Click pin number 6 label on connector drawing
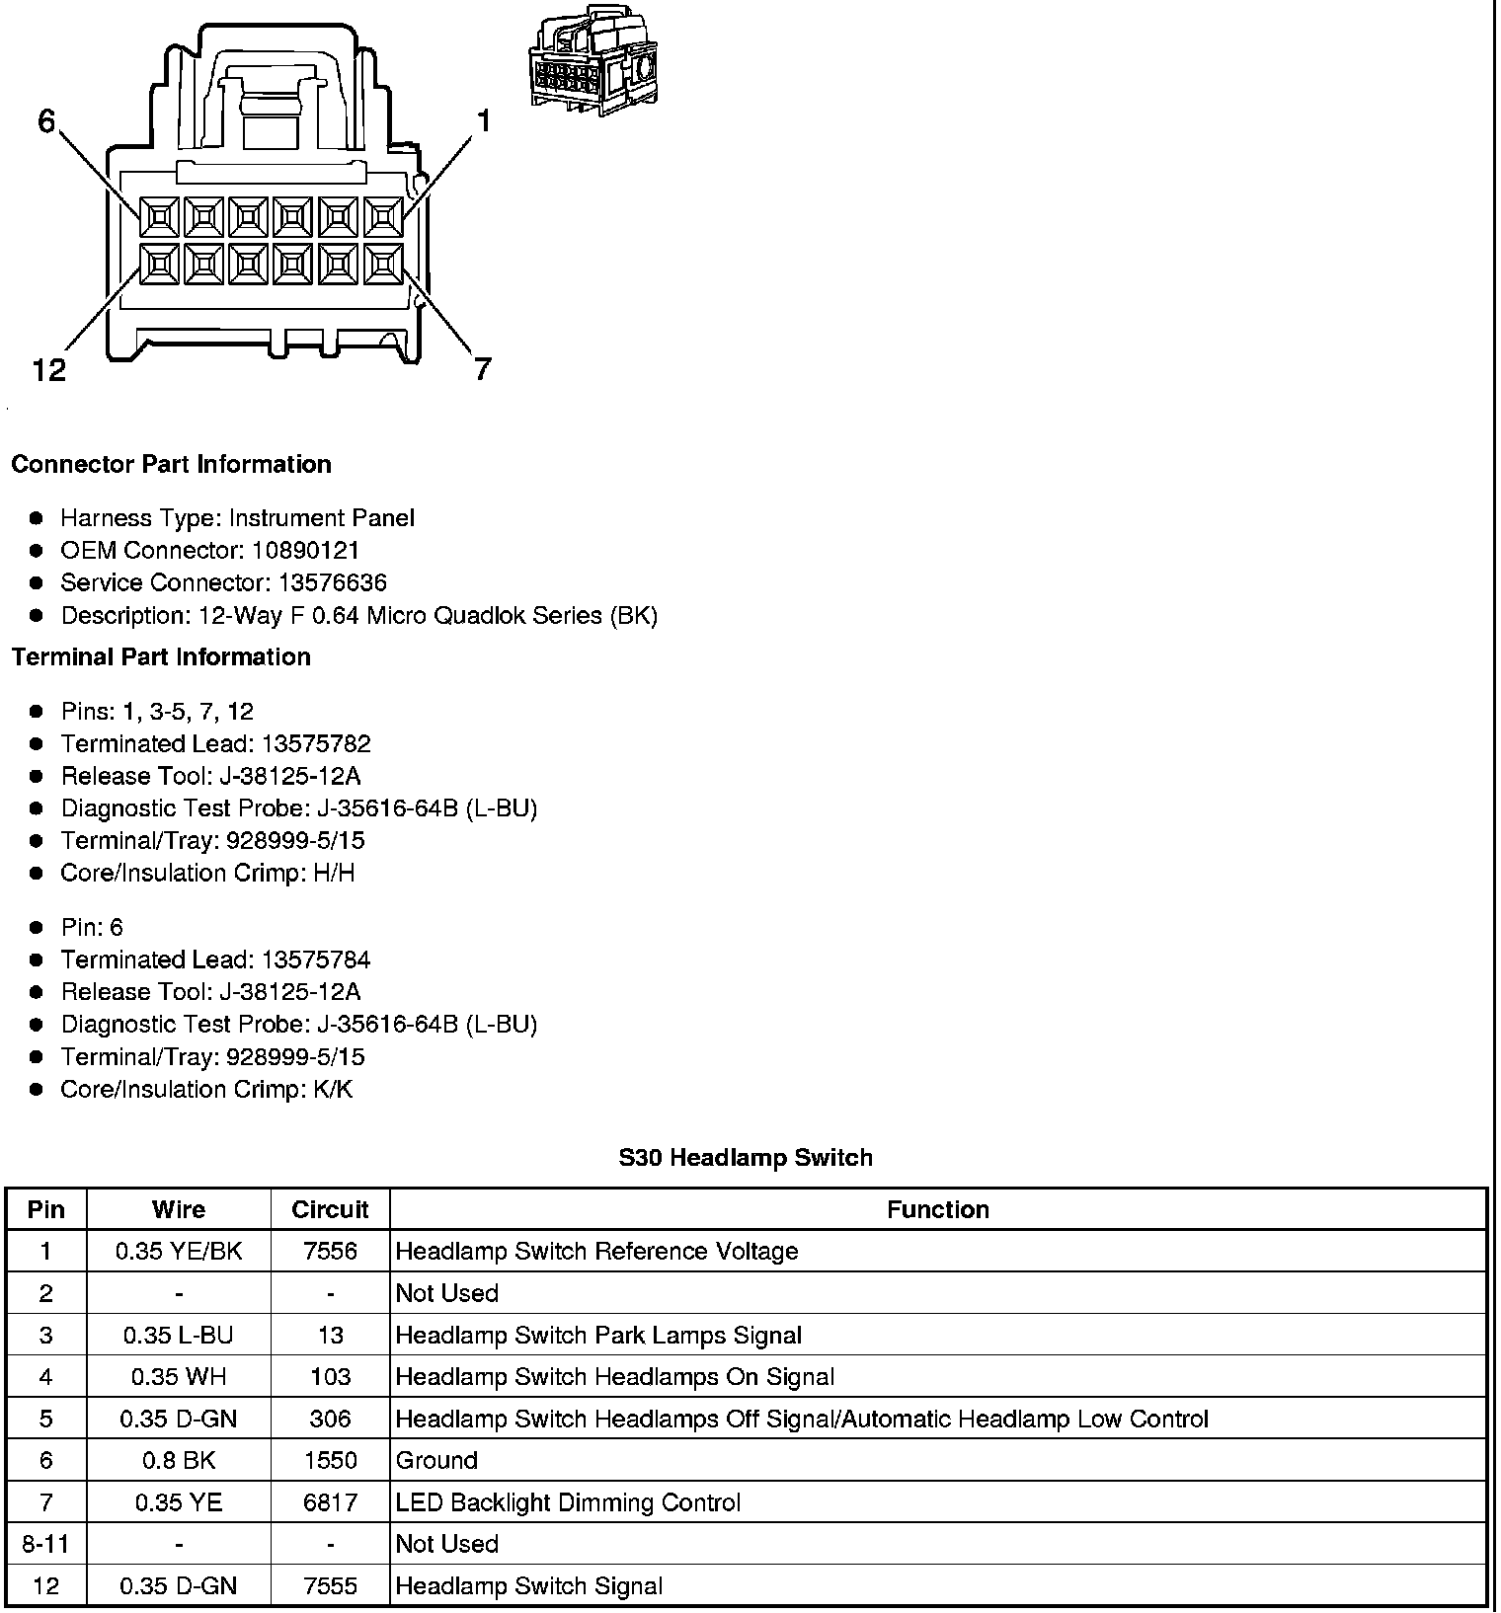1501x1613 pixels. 46,121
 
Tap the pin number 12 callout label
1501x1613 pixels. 48,370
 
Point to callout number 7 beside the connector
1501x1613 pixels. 482,370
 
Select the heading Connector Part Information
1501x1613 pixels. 171,464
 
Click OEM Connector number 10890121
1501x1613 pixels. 306,550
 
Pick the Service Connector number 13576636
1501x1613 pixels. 332,582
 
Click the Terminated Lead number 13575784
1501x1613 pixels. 316,960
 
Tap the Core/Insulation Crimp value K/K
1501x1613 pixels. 333,1089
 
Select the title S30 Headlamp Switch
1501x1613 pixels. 746,1157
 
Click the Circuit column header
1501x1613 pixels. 330,1209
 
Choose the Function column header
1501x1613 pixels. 937,1209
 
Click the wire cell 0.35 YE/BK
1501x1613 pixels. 179,1251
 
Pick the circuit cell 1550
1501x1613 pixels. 330,1460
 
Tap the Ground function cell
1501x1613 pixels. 436,1460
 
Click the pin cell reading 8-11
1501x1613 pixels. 45,1544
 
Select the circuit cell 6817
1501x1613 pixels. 330,1502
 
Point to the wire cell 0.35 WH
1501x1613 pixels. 179,1376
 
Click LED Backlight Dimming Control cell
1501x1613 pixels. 568,1502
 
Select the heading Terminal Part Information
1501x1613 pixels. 161,656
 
